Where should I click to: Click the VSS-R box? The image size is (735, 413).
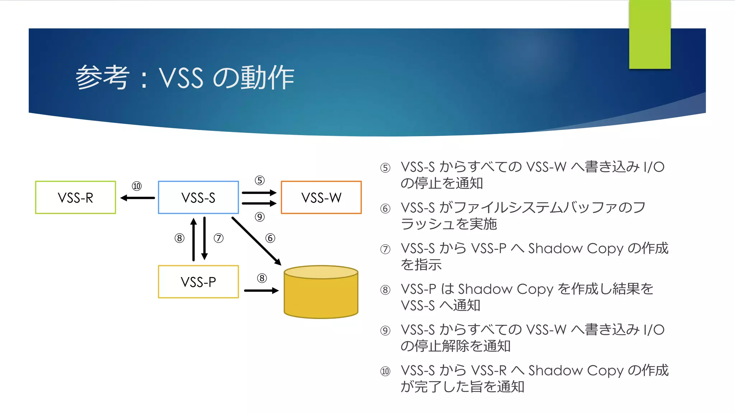point(75,198)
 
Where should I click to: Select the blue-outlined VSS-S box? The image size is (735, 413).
point(198,198)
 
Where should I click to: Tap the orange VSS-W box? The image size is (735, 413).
point(321,198)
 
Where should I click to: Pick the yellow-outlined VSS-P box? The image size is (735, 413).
point(198,282)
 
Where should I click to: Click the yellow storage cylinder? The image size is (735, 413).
point(321,292)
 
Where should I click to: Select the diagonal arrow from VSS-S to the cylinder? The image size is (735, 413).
point(256,241)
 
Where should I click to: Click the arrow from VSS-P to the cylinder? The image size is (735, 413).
point(261,290)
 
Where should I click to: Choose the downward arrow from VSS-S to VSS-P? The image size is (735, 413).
point(205,238)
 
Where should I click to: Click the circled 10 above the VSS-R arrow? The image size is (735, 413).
point(137,186)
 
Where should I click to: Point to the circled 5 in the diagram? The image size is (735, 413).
point(259,180)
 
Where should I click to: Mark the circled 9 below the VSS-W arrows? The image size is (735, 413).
point(259,217)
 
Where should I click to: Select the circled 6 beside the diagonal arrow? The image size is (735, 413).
point(270,238)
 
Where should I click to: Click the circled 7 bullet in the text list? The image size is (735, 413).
point(385,249)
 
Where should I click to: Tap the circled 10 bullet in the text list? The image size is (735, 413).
point(385,371)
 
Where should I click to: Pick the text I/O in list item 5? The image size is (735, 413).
point(654,167)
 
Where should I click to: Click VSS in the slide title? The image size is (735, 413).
point(181,78)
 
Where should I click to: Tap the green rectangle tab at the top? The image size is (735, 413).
point(650,34)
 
